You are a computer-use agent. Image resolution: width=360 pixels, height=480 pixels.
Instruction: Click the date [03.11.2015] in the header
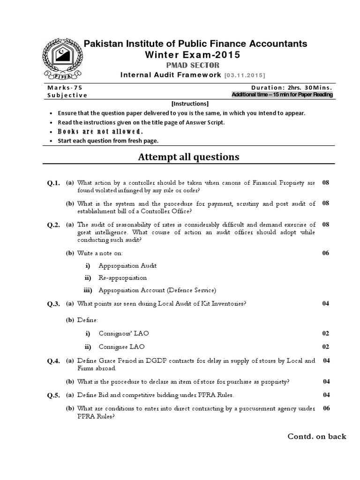245,75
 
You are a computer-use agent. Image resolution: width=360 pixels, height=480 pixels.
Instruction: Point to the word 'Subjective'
67,95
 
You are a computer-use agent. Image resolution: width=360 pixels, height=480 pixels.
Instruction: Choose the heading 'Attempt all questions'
188,157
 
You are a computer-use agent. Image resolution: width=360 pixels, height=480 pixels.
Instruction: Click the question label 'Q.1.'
53,183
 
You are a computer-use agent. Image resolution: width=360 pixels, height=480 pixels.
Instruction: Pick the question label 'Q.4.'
53,361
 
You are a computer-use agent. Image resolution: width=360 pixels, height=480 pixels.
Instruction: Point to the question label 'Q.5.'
53,395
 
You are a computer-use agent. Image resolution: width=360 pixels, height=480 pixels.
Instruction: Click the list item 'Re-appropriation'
123,278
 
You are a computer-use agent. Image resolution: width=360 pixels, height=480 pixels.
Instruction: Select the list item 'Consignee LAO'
122,347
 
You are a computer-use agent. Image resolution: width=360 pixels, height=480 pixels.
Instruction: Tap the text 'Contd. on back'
317,436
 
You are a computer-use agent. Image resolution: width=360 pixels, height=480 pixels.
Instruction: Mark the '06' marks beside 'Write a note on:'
326,253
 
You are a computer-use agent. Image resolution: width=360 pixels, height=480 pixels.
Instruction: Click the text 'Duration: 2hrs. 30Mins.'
292,87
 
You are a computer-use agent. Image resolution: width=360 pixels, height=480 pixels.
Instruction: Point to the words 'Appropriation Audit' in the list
127,266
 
